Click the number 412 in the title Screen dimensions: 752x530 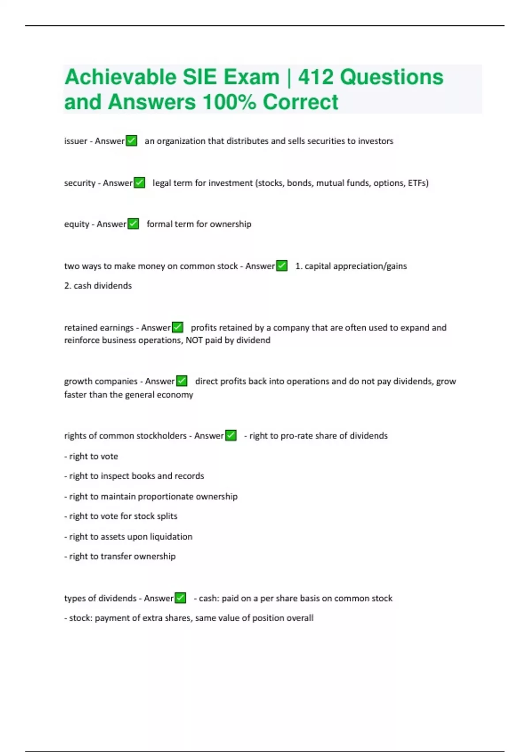(316, 77)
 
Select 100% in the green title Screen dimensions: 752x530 (229, 102)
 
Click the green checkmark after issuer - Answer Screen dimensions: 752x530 (132, 141)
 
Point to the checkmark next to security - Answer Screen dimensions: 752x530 (140, 183)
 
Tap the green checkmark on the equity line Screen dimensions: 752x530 (133, 224)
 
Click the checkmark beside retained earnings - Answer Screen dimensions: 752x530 (178, 327)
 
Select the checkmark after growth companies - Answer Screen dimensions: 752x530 (182, 381)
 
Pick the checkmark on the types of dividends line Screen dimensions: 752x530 (180, 598)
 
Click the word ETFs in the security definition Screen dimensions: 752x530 (418, 183)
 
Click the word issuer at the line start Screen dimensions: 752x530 (76, 141)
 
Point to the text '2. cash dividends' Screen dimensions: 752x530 (98, 286)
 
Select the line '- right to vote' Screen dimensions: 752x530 (91, 456)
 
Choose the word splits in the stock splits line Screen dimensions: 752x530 (167, 516)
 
